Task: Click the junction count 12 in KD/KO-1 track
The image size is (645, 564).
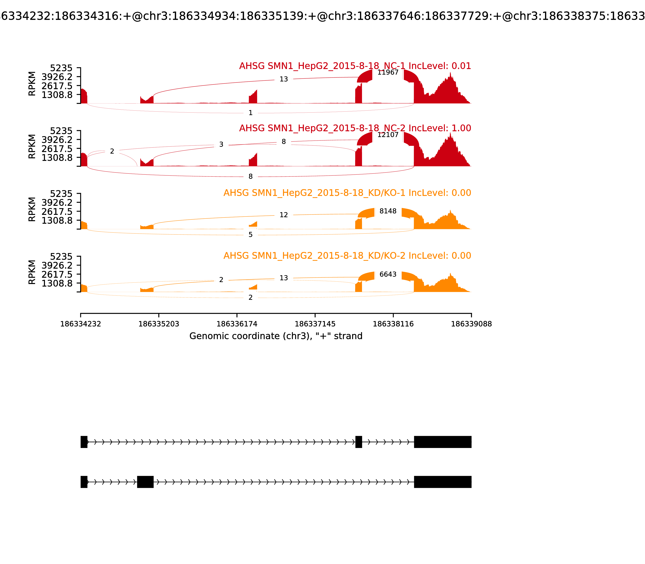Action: tap(283, 215)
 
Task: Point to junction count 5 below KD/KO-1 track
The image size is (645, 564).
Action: tap(250, 235)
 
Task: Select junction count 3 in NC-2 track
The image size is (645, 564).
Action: tap(221, 144)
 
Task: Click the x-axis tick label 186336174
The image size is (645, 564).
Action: tap(237, 324)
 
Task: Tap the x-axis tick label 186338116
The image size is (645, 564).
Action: tap(393, 324)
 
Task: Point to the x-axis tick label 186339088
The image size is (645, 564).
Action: tap(471, 324)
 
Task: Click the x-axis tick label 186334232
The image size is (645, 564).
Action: tap(81, 324)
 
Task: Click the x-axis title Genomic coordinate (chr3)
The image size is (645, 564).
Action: tap(276, 336)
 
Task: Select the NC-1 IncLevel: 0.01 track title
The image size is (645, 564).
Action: tap(355, 66)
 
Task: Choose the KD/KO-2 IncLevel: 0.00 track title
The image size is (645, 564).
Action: tap(347, 256)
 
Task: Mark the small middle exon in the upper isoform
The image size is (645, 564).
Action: tap(358, 442)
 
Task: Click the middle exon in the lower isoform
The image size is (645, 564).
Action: tap(145, 482)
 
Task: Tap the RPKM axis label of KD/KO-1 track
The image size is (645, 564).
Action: tap(32, 209)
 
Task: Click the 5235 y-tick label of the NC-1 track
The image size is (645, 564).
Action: tap(61, 68)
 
